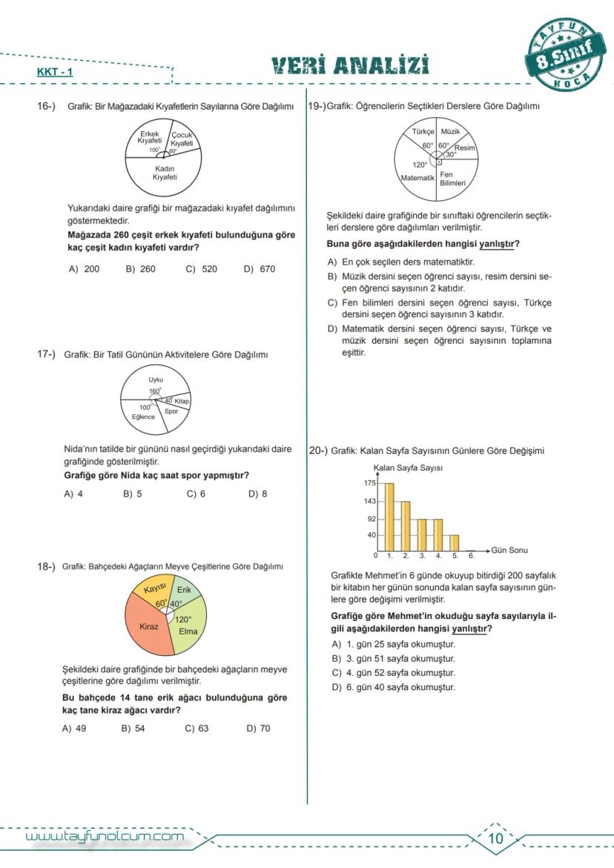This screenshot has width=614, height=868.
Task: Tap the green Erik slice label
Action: click(x=184, y=590)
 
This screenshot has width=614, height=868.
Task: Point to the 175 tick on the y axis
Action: click(x=370, y=483)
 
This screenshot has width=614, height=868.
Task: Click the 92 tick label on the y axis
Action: click(x=372, y=520)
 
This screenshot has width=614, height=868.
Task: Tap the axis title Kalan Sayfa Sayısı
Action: click(x=408, y=468)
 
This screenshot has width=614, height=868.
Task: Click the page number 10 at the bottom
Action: click(x=496, y=838)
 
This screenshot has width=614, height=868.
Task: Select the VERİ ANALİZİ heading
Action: click(x=350, y=66)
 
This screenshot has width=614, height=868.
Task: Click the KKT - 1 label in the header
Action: click(x=55, y=73)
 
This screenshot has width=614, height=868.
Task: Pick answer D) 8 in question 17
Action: click(x=258, y=494)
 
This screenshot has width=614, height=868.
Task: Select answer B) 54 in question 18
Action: click(x=133, y=728)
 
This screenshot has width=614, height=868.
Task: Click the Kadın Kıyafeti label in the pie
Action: click(x=165, y=173)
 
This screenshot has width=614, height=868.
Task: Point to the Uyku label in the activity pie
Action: click(x=156, y=380)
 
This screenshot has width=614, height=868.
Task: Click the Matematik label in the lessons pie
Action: click(x=417, y=178)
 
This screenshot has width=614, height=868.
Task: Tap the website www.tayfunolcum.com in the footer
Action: click(x=105, y=838)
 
